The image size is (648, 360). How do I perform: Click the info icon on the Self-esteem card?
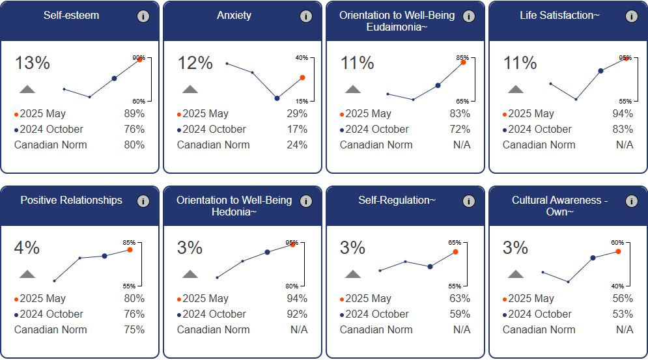(143, 17)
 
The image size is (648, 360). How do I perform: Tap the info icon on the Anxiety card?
(306, 17)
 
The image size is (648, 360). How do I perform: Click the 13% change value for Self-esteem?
(33, 63)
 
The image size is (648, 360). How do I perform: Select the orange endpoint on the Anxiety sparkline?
(302, 77)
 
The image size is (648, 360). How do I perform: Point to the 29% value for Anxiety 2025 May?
(298, 114)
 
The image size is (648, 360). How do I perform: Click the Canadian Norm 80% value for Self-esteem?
(134, 145)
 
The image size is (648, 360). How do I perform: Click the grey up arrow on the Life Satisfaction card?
(516, 89)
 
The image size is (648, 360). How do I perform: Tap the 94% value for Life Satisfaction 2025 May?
(623, 114)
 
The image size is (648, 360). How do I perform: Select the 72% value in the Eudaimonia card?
(460, 130)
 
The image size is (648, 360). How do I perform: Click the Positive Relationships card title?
(71, 201)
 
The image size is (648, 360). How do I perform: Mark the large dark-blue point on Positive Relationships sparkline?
(104, 256)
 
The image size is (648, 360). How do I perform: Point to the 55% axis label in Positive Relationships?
(129, 286)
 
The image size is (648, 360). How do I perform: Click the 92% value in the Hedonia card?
(297, 314)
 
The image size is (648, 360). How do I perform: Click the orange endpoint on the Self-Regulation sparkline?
(455, 251)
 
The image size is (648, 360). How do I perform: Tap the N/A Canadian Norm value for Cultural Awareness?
(624, 330)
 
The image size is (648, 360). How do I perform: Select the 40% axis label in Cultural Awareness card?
(617, 286)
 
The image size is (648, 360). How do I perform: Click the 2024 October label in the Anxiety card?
(214, 130)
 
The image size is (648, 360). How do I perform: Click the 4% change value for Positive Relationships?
(27, 248)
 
